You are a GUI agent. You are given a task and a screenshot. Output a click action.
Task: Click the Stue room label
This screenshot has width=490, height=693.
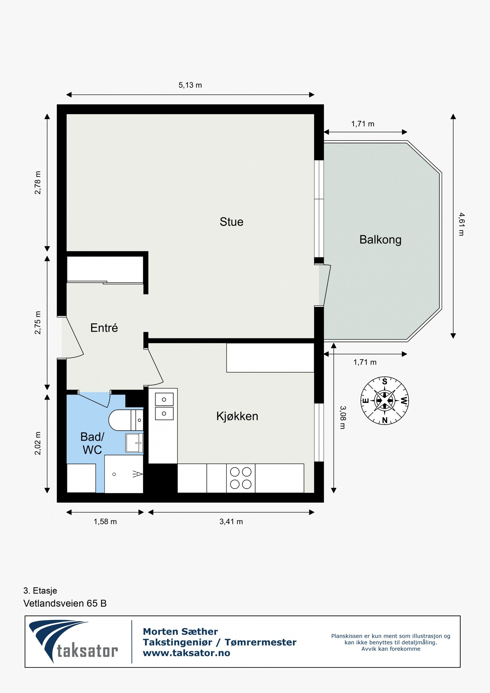click(231, 222)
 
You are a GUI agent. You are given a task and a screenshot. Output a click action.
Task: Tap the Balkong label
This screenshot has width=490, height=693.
click(380, 239)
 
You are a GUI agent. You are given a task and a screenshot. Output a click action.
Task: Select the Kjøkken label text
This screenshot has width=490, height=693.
click(237, 416)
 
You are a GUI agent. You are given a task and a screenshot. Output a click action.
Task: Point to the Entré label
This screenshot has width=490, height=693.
click(104, 328)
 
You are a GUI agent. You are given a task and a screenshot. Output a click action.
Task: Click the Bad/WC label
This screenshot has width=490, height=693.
click(92, 443)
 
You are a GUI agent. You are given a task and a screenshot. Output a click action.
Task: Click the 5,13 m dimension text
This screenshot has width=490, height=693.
click(190, 85)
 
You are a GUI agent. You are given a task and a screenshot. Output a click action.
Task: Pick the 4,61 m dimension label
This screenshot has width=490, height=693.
click(461, 224)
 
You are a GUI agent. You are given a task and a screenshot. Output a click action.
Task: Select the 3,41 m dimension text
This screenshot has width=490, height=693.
click(231, 522)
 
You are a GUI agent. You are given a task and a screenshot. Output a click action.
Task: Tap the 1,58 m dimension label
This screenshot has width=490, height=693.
click(105, 522)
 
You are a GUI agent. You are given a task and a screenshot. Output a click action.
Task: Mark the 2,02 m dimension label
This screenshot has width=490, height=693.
click(37, 443)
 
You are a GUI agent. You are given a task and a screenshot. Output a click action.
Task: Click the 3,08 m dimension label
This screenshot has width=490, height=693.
click(343, 417)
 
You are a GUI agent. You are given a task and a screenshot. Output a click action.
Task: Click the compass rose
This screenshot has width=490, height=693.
click(384, 401)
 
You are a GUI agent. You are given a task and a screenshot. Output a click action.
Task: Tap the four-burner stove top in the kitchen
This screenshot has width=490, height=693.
click(240, 478)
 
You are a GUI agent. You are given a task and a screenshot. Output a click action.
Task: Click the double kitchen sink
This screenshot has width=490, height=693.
click(164, 406)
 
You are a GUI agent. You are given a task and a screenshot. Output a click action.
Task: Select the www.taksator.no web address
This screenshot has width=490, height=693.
click(186, 653)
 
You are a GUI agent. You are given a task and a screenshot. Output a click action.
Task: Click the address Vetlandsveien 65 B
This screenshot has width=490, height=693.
click(65, 603)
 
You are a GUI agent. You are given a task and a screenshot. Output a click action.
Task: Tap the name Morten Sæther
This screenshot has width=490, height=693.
click(180, 631)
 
